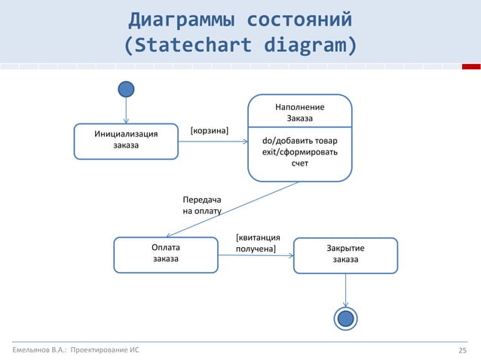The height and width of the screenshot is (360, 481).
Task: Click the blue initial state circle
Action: point(127,89)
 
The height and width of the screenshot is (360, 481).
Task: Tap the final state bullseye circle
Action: point(346,319)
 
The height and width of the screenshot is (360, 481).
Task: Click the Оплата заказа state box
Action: point(166,254)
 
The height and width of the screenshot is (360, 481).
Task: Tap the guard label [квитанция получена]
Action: point(258,243)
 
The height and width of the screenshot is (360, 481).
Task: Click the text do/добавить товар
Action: point(299,142)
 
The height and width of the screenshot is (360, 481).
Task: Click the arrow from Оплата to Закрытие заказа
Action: point(256,255)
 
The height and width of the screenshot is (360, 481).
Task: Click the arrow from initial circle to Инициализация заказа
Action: point(127,111)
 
